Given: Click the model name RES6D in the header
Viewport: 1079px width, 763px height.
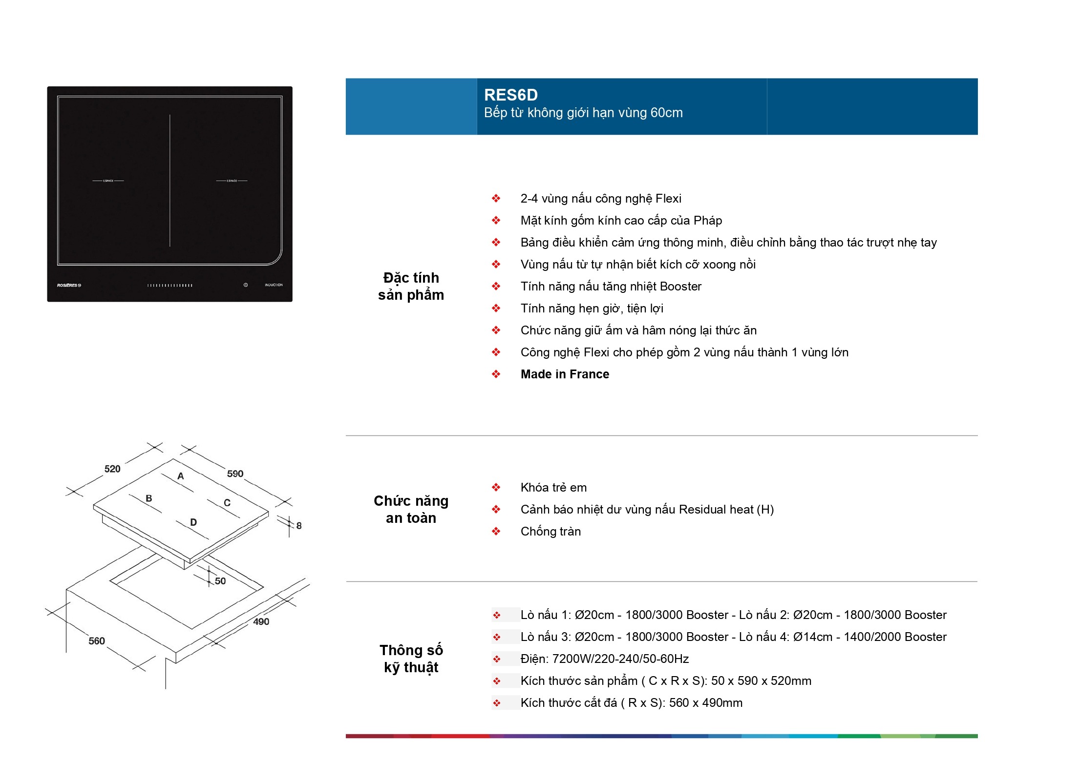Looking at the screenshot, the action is (x=510, y=95).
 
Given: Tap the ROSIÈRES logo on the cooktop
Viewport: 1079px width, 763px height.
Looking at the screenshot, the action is (x=69, y=285).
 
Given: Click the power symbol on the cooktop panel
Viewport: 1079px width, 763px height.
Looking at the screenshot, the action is (x=246, y=285).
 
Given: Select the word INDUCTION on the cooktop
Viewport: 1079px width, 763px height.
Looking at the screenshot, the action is (x=274, y=285).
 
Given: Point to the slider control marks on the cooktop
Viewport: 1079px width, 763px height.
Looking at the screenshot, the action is (x=170, y=286).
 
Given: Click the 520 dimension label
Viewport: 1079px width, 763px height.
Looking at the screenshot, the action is (x=112, y=469).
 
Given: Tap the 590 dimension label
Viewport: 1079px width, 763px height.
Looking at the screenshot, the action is (x=235, y=474).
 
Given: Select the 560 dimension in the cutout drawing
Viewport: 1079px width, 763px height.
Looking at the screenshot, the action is (x=97, y=641).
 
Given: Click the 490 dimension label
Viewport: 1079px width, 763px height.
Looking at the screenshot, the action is (x=261, y=621).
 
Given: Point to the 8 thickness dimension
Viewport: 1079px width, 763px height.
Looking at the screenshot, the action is (x=299, y=526).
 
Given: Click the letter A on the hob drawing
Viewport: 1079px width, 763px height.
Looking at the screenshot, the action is (x=181, y=476).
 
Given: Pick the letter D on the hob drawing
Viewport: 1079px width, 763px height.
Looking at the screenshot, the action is (x=193, y=522).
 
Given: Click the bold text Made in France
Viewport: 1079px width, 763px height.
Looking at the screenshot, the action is (x=565, y=374).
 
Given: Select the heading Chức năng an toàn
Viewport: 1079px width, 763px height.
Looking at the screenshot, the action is (x=411, y=509).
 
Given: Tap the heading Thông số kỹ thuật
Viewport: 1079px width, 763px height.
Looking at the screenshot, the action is (x=411, y=659).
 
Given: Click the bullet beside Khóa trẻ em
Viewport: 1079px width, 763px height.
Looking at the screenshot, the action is (x=496, y=487).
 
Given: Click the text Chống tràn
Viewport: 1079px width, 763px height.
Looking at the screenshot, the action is (x=550, y=531).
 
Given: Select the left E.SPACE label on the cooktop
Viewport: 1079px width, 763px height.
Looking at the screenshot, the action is (x=108, y=181).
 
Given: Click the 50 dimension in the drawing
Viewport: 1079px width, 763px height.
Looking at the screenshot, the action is (x=220, y=581).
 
